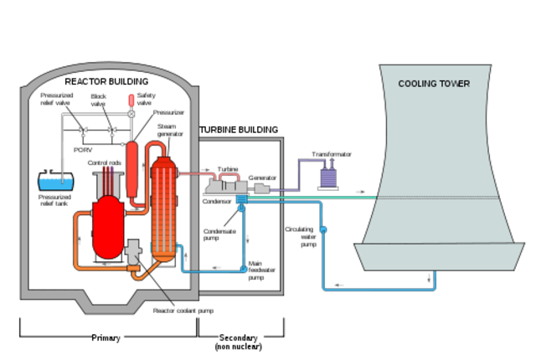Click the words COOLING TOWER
pyautogui.click(x=433, y=84)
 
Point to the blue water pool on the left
pyautogui.click(x=56, y=182)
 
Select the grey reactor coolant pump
pyautogui.click(x=132, y=249)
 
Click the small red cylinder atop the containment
pyautogui.click(x=131, y=100)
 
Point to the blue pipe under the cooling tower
pyautogui.click(x=377, y=290)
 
